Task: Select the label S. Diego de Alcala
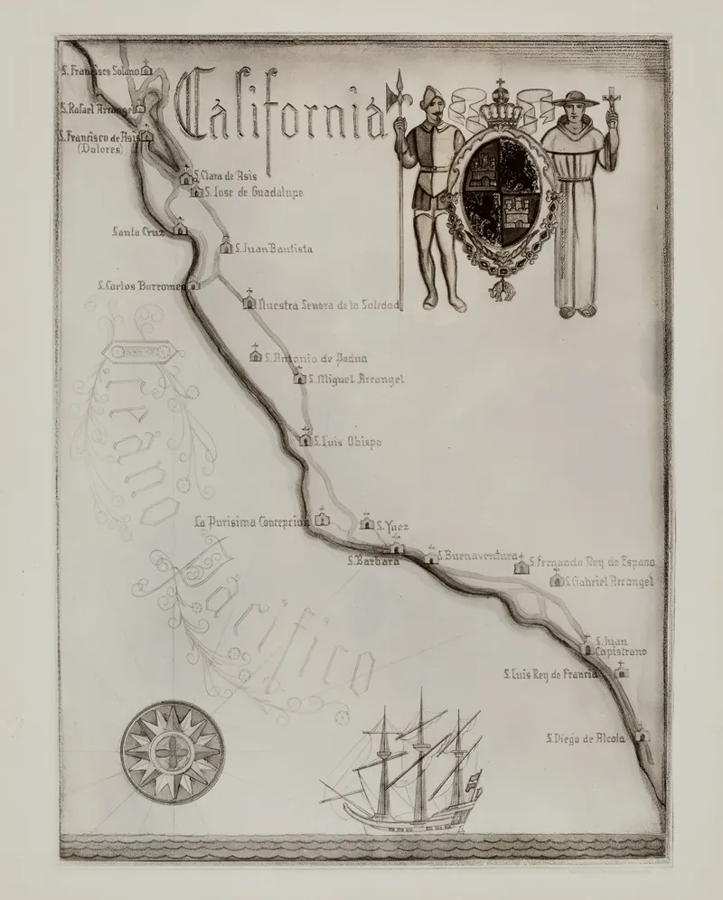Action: point(585,738)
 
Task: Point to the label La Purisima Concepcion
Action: point(252,521)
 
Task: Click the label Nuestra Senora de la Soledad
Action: point(328,305)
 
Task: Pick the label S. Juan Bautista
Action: point(273,248)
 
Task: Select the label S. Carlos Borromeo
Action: point(140,286)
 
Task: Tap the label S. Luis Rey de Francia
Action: point(549,673)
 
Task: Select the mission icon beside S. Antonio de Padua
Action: point(256,355)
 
